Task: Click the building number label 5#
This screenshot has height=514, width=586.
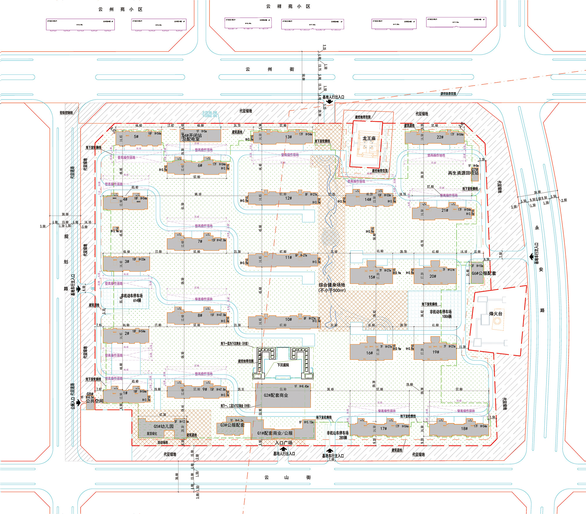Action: tap(136, 137)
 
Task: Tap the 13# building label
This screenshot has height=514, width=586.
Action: tap(288, 137)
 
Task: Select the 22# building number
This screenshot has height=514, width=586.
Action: tap(440, 137)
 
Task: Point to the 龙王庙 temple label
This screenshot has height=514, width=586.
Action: tap(369, 138)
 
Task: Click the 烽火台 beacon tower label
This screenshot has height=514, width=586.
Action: tap(495, 314)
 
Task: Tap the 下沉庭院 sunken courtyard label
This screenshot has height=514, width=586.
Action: tap(283, 365)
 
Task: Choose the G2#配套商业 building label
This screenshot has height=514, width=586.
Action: tap(276, 395)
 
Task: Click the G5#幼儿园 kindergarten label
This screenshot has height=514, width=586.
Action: tap(163, 426)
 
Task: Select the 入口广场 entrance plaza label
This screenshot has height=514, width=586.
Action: tap(284, 443)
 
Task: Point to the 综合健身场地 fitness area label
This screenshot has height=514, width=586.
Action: tap(332, 285)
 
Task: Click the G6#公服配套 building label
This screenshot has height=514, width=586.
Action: tap(484, 273)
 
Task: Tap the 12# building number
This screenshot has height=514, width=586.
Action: tap(288, 198)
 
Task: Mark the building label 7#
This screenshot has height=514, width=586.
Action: tap(200, 241)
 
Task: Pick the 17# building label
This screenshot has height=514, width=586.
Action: tap(383, 428)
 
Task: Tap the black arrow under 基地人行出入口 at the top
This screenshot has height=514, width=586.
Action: tap(330, 101)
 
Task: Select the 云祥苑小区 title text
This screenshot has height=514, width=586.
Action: tap(288, 6)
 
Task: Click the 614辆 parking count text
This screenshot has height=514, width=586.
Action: tap(137, 300)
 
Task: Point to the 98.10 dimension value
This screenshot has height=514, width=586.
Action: tap(198, 194)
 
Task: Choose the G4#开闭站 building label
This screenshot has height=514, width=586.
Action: tap(192, 135)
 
